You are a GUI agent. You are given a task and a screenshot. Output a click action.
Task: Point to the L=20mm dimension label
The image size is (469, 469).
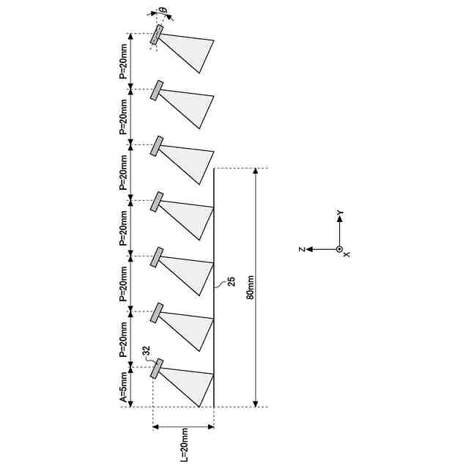[x=183, y=443]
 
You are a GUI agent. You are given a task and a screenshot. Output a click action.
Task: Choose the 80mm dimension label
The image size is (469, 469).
[x=251, y=288]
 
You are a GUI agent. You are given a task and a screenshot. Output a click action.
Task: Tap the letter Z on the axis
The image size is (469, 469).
[x=301, y=249]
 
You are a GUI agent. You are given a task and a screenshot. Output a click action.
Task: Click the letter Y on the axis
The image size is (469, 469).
[x=340, y=213]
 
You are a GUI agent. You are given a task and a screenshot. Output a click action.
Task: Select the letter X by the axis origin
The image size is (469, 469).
[x=347, y=254]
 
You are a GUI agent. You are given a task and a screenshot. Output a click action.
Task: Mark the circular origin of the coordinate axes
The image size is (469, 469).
[x=339, y=249]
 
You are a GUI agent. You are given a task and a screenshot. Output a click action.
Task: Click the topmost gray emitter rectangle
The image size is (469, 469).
[x=157, y=34]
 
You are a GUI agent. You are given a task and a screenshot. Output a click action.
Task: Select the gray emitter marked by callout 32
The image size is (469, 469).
[x=156, y=369]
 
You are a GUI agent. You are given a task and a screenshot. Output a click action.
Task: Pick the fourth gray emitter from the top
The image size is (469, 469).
[x=157, y=202]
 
